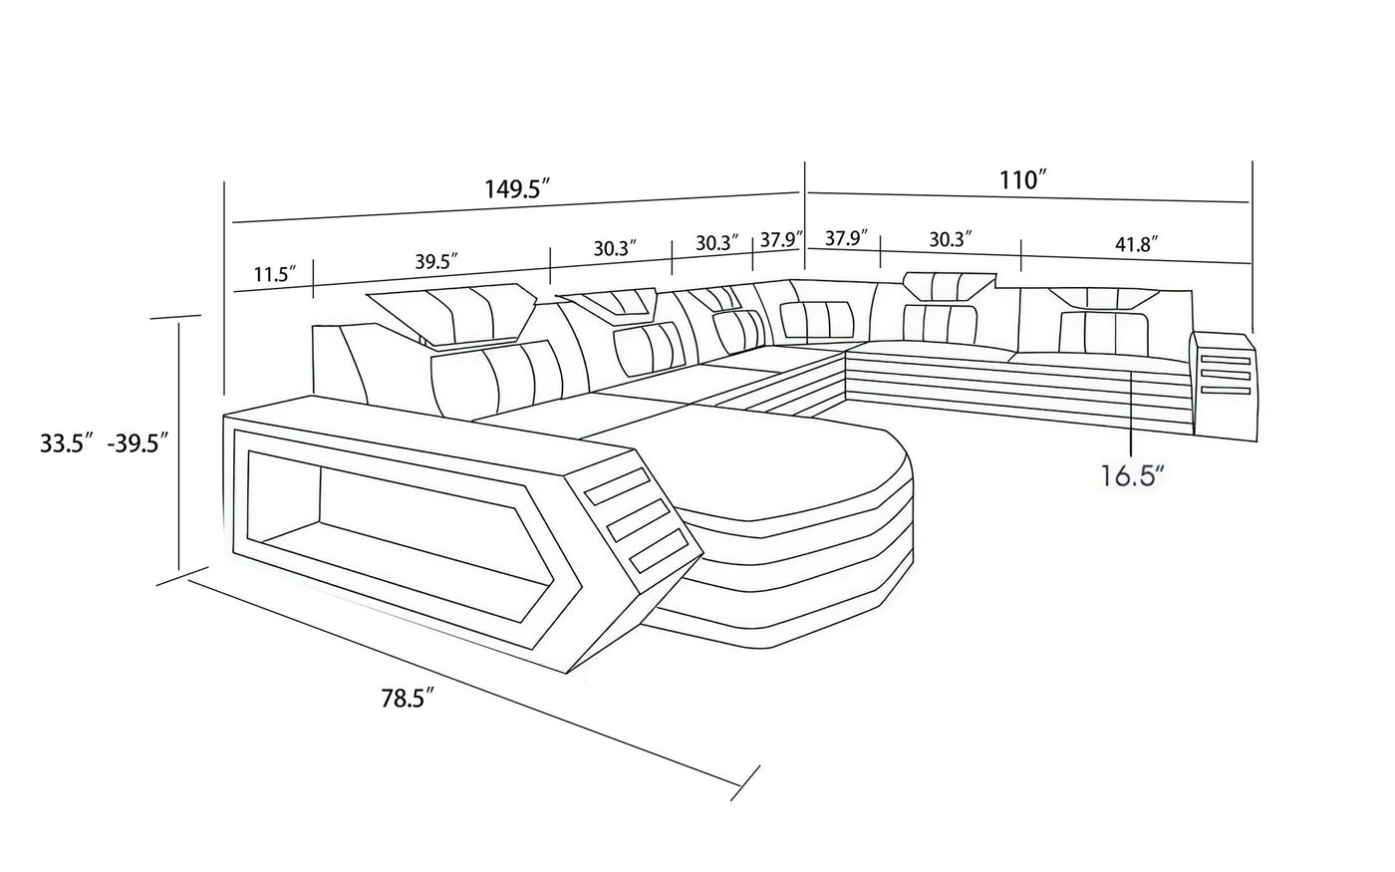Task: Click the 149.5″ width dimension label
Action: coord(517,188)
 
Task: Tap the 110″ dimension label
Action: coord(1023,180)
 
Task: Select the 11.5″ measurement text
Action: coord(273,274)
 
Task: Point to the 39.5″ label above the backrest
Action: coord(435,262)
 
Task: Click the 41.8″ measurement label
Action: coord(1137,244)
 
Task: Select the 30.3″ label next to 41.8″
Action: coord(951,239)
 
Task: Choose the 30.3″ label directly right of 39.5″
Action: coord(614,248)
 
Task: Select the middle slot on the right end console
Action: coord(1224,375)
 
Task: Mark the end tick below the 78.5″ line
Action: coord(745,782)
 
